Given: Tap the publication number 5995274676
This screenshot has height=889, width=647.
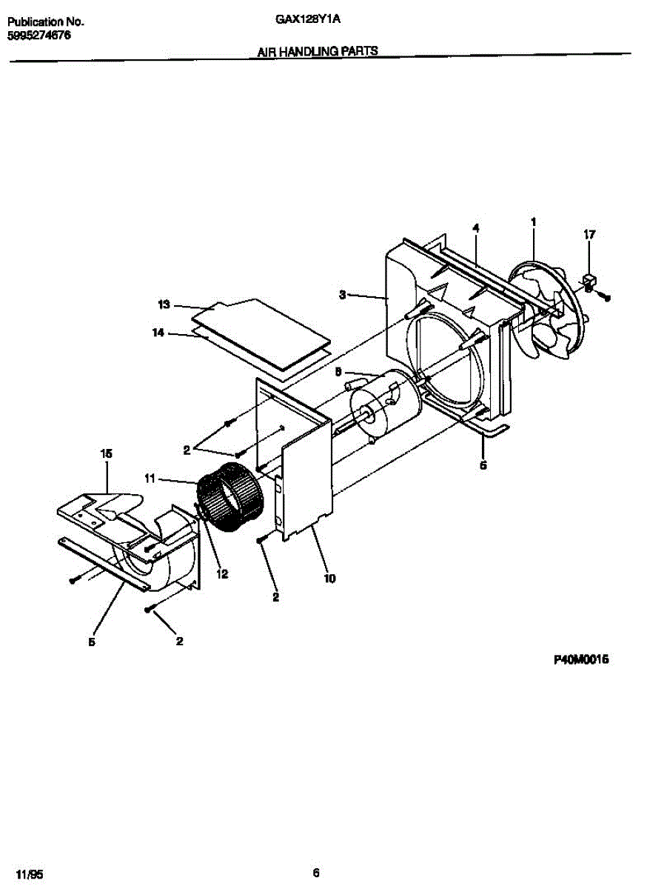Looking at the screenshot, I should [x=39, y=35].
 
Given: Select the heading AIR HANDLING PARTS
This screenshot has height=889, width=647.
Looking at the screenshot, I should [x=318, y=51].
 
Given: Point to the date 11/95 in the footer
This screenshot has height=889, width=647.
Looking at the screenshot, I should [x=26, y=873].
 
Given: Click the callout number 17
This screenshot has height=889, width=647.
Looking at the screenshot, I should [x=589, y=235].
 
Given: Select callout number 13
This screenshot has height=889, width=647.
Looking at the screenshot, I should [x=164, y=304].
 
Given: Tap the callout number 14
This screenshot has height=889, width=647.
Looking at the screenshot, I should [x=158, y=333].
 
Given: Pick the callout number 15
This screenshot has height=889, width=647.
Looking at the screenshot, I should [x=106, y=452].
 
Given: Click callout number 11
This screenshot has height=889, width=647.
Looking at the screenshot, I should [x=150, y=479].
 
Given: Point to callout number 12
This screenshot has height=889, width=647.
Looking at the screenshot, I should [x=222, y=573].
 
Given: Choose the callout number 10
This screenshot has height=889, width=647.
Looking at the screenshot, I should [x=329, y=578].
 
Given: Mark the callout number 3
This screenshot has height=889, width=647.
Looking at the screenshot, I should [x=343, y=295].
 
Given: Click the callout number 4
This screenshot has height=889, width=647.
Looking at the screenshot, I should [x=476, y=229].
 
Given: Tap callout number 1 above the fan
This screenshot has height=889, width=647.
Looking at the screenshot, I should [x=533, y=222].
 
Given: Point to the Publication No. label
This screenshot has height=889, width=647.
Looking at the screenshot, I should [x=45, y=22].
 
